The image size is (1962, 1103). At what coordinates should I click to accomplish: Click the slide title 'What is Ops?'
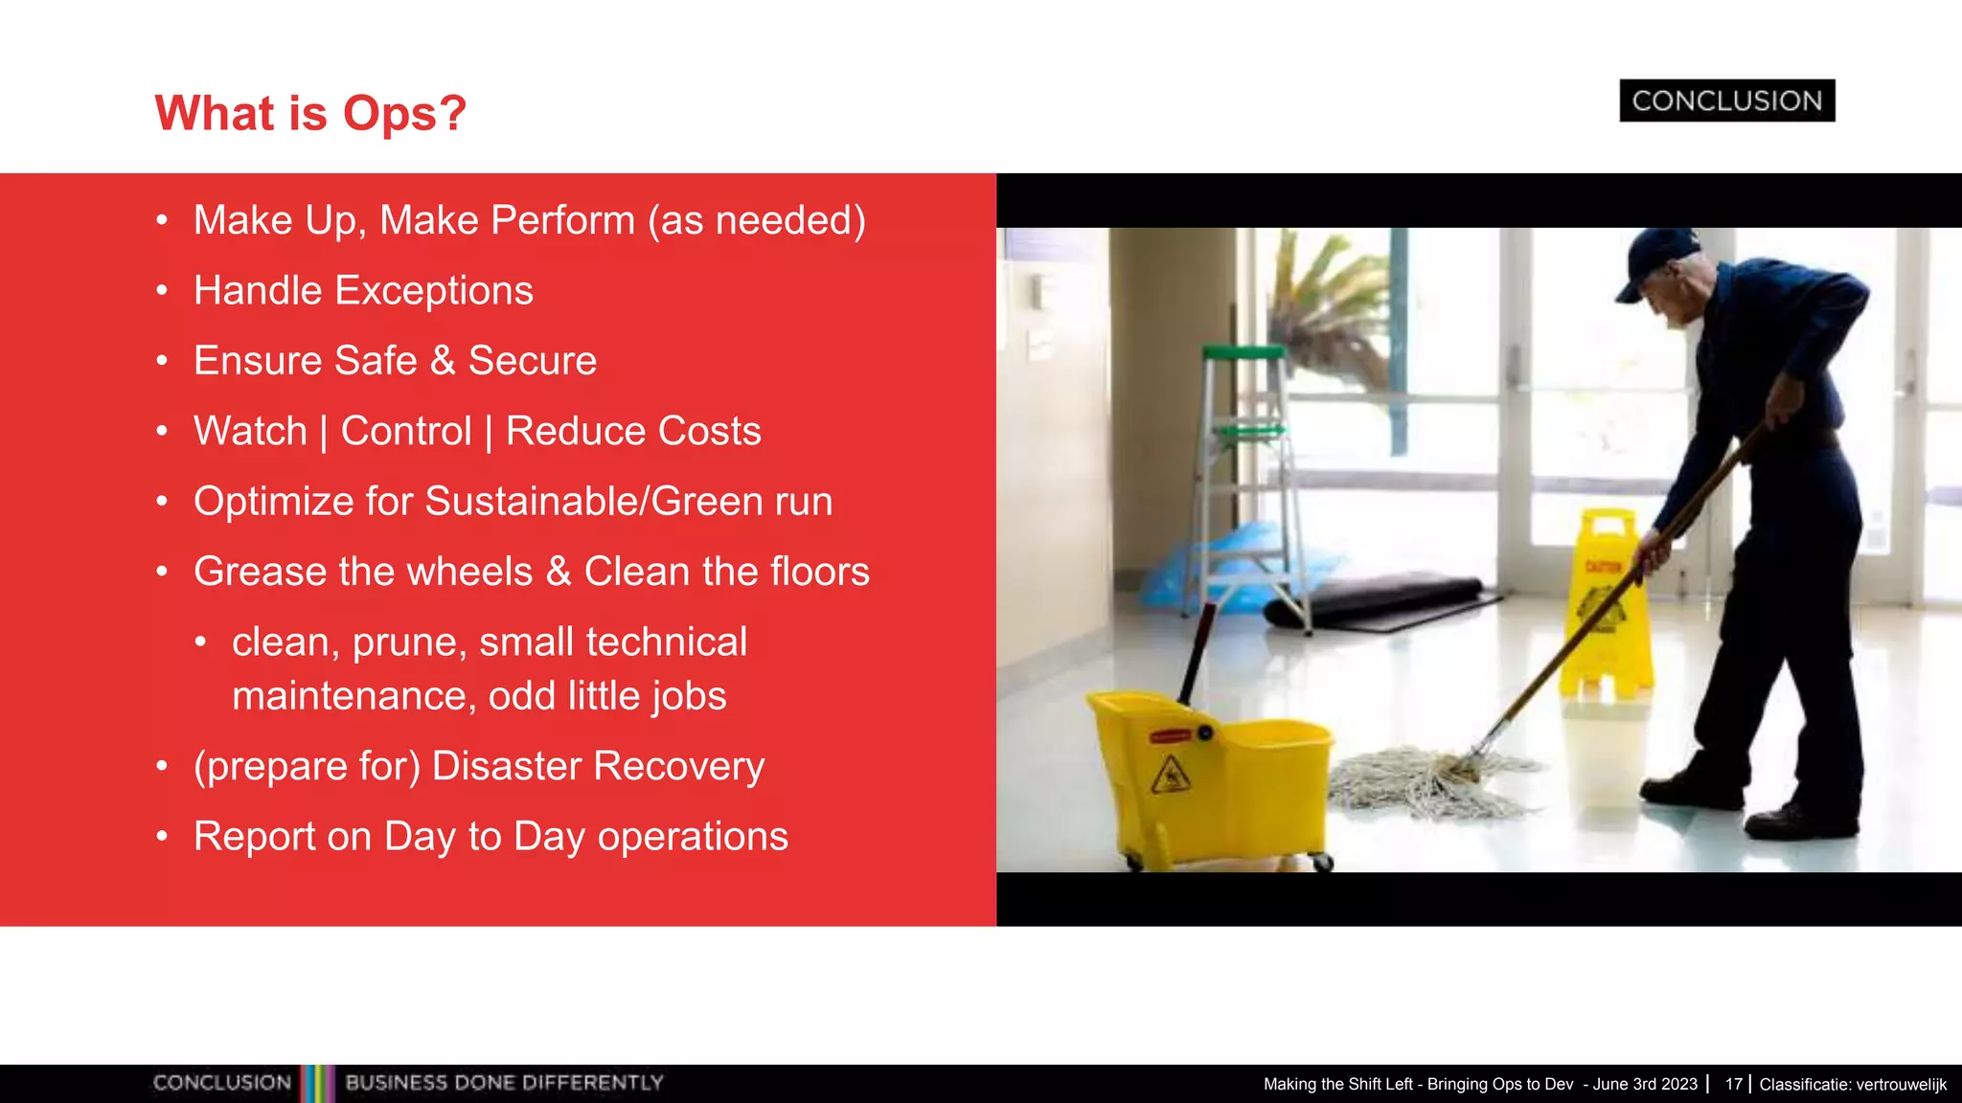(310, 113)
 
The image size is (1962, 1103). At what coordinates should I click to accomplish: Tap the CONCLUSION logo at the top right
(1726, 101)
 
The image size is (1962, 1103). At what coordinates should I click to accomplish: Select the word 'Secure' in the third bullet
(532, 361)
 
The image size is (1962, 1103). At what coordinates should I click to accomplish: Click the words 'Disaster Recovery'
(598, 766)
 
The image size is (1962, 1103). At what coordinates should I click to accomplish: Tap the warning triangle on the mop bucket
(1170, 774)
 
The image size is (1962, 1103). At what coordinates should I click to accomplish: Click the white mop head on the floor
(1427, 780)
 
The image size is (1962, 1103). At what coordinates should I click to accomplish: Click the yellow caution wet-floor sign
(1605, 603)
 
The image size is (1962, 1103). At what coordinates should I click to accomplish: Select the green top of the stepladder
(1243, 352)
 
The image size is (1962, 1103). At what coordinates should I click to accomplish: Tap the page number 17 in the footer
(1733, 1084)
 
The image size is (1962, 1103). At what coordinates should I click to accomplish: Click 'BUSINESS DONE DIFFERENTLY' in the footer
(504, 1083)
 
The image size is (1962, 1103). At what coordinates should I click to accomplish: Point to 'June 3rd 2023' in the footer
(1645, 1084)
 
